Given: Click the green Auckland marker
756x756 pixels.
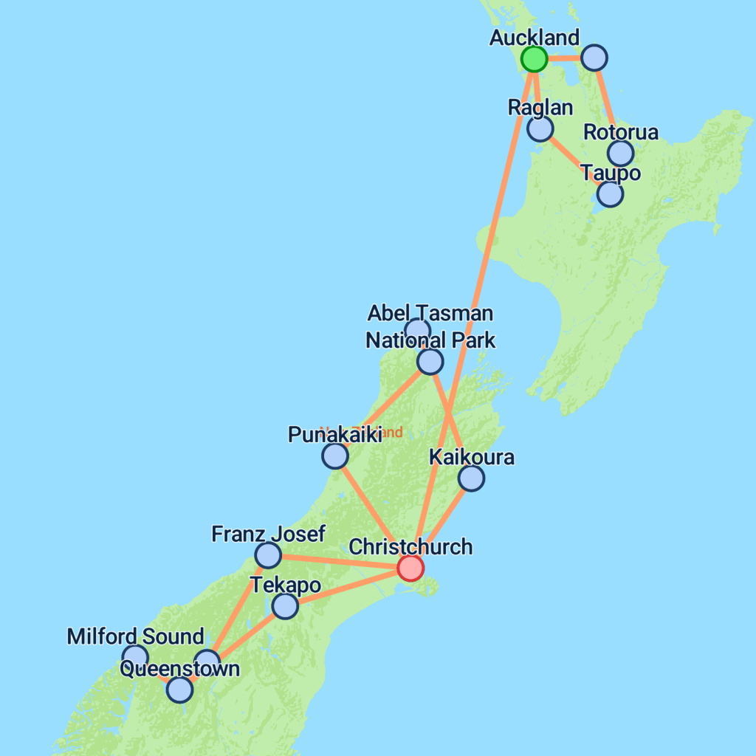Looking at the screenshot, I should click(x=534, y=58).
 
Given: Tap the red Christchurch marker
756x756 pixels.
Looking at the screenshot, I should click(x=410, y=568).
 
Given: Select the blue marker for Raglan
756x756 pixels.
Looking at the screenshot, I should click(x=540, y=128).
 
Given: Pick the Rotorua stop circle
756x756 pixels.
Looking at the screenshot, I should click(x=621, y=153).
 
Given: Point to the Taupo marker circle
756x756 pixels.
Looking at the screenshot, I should click(x=610, y=193).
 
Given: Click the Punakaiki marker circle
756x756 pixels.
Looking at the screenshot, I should click(x=335, y=456).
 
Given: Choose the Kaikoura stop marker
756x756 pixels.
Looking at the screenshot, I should click(x=471, y=478).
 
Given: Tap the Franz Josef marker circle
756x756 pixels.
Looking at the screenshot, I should click(x=268, y=554).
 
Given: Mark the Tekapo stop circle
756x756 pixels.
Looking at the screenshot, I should click(x=285, y=606).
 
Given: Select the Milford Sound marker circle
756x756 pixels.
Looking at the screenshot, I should click(x=135, y=656).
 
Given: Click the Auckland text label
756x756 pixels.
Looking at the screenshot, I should click(x=535, y=38).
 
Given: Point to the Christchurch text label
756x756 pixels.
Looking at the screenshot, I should click(x=410, y=547).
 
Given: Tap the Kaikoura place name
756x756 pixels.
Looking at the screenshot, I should click(x=471, y=458).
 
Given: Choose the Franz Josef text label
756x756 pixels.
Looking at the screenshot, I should click(x=268, y=534).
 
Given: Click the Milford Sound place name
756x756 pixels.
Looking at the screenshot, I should click(x=135, y=636).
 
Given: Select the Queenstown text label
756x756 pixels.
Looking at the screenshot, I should click(x=179, y=669).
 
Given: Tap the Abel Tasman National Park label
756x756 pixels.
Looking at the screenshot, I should click(x=430, y=326).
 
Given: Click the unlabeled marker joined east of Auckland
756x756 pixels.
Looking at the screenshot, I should click(x=594, y=57).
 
